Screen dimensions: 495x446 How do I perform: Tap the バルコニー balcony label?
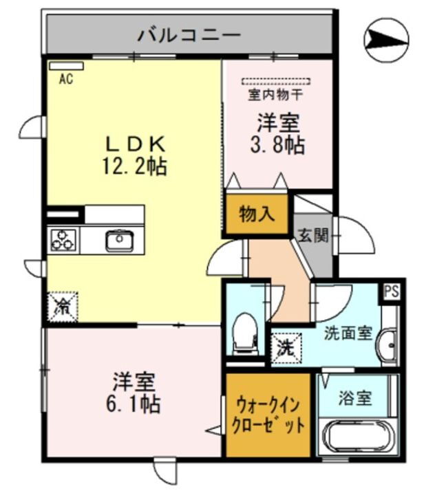(x=189, y=33)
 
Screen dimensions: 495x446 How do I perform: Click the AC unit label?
(x=65, y=79)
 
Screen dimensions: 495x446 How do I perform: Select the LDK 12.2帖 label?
(x=135, y=155)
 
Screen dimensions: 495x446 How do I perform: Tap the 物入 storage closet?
(x=256, y=214)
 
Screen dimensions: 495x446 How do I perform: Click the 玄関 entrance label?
(x=312, y=235)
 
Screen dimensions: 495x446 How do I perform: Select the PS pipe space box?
(x=392, y=290)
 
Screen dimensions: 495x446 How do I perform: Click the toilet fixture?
(x=244, y=331)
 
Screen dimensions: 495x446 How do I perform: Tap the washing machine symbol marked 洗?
(x=284, y=346)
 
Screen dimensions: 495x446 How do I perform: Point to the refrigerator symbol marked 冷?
(x=62, y=306)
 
